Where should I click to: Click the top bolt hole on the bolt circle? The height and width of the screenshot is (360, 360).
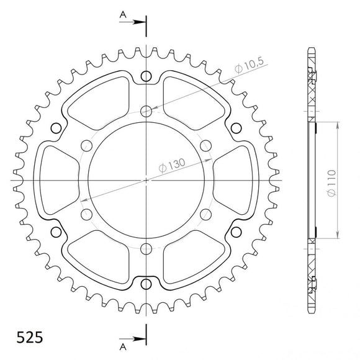point(146,112)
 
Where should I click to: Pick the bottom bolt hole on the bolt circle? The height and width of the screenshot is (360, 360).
point(146,249)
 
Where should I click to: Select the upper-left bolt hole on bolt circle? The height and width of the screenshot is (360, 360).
point(87,146)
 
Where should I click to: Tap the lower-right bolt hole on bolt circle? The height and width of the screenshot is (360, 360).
point(206,215)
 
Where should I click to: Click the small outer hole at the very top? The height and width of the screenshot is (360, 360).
point(146,77)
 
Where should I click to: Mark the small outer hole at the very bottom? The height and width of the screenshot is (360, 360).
point(146,284)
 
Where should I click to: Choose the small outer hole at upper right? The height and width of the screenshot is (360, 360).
point(236,128)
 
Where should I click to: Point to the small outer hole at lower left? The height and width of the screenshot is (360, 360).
point(56,232)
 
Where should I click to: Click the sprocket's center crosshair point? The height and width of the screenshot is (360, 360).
point(146,181)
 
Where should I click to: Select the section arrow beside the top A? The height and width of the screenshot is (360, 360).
point(137,22)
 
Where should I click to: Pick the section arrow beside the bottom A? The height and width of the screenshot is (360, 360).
point(137,340)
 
